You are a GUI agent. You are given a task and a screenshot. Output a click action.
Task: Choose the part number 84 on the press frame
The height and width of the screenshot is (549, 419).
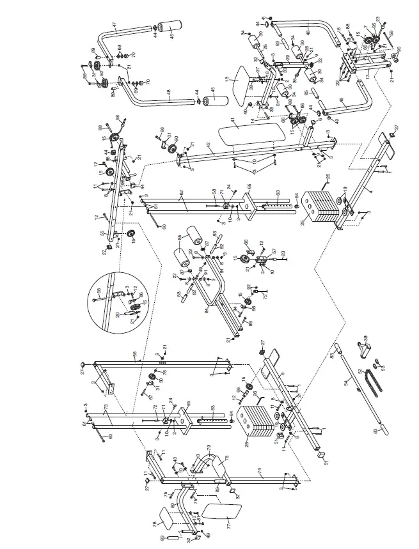207,312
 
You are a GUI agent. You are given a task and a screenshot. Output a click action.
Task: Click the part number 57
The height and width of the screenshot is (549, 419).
274,251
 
